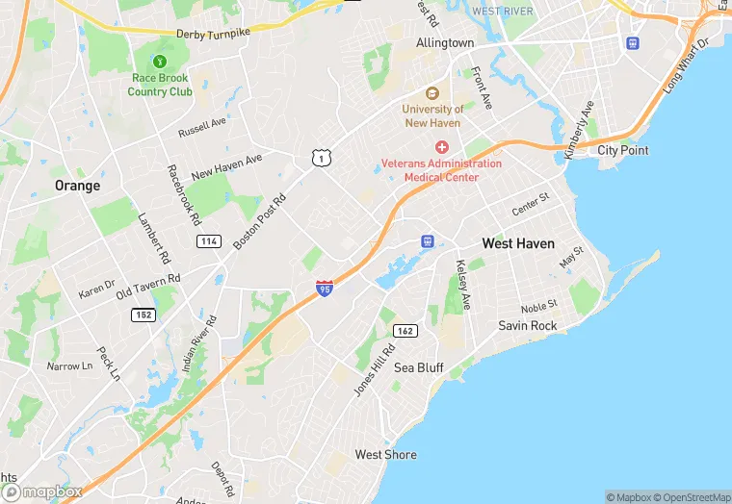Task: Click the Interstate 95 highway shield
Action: click(x=325, y=287)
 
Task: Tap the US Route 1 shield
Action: click(x=318, y=157)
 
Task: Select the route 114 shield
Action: click(x=208, y=240)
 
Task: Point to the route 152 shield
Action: click(x=144, y=315)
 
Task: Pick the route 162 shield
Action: click(x=405, y=331)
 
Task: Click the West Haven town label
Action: click(x=518, y=243)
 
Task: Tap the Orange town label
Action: click(x=77, y=186)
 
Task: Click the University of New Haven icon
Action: click(x=432, y=92)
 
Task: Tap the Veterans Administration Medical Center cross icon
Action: click(x=441, y=147)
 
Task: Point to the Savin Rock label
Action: click(x=527, y=325)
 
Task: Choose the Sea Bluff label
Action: click(x=418, y=367)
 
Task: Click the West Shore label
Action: click(x=385, y=454)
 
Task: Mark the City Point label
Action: click(x=622, y=150)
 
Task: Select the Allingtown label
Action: click(x=445, y=43)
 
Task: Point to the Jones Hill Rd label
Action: click(x=375, y=370)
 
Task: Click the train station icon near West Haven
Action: click(x=429, y=240)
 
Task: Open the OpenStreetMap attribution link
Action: click(x=692, y=497)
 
